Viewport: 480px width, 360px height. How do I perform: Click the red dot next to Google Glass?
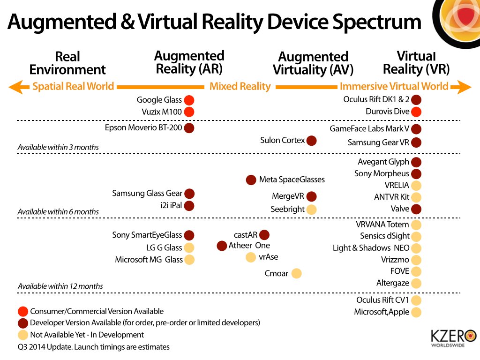coord(189,100)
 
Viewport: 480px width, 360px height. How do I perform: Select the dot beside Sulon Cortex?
coord(311,140)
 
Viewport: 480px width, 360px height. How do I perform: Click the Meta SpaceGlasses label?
coord(292,180)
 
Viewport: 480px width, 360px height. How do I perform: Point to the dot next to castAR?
coord(264,235)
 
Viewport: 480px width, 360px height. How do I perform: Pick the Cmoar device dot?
coord(296,273)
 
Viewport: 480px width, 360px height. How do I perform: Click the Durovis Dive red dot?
coord(416,112)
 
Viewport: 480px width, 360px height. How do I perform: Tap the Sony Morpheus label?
coord(382,174)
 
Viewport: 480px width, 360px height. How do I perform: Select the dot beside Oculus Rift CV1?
coord(416,300)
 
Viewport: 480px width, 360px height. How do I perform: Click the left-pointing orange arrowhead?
coord(15,87)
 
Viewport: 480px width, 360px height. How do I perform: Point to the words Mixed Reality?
coord(240,87)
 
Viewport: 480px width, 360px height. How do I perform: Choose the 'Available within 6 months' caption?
coord(58,212)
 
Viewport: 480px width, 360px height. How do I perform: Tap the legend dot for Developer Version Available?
coord(22,323)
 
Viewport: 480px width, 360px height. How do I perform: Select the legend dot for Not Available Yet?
coord(22,335)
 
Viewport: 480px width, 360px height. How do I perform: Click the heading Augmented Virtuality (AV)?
coord(313,63)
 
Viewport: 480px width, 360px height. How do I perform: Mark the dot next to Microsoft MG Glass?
coord(189,260)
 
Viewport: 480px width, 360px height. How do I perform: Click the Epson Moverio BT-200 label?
coord(142,128)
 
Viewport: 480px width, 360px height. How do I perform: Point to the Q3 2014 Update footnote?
coord(94,347)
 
